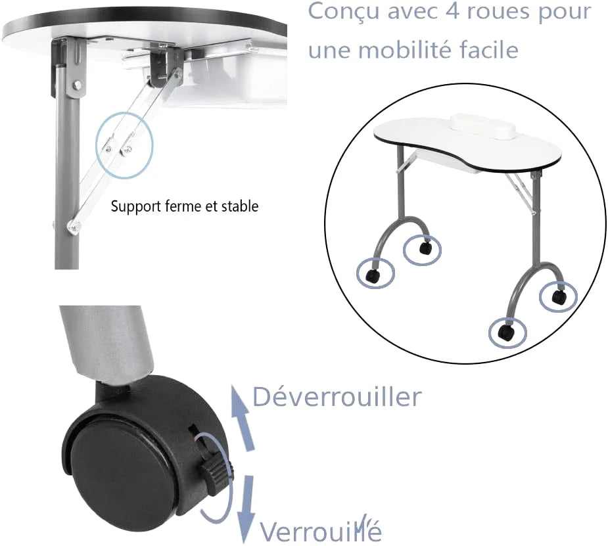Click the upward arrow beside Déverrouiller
tap(243, 418)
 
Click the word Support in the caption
tap(135, 206)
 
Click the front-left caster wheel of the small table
tap(373, 277)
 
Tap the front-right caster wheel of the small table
tap(506, 332)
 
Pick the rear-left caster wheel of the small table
tap(425, 247)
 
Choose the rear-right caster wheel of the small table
tap(559, 296)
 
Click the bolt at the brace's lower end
tap(74, 226)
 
